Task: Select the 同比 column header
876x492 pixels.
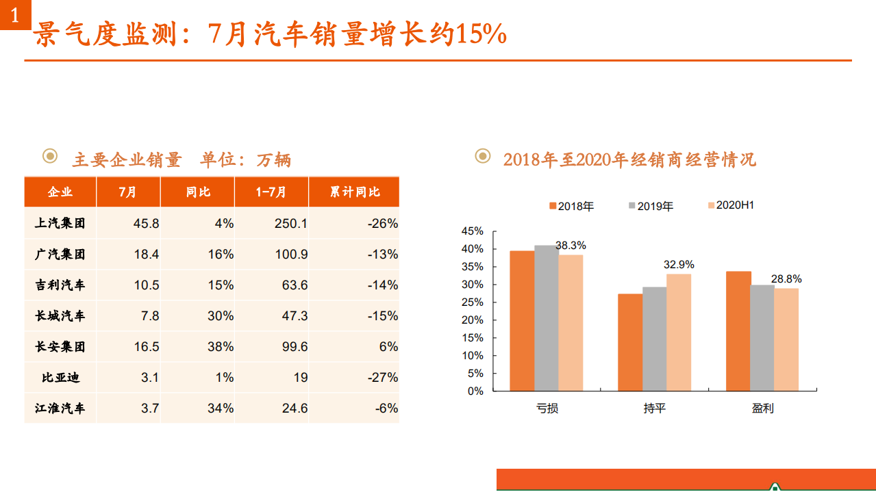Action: tap(198, 192)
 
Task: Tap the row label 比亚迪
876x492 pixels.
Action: tap(60, 378)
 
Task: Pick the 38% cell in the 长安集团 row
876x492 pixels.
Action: tap(221, 347)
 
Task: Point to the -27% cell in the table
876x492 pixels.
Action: tap(382, 378)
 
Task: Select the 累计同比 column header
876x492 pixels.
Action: tap(354, 192)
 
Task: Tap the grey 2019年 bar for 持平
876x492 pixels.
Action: tap(654, 339)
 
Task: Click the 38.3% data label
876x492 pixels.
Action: tap(571, 245)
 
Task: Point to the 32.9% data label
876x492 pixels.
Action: tap(679, 264)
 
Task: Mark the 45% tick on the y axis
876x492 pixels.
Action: tap(473, 231)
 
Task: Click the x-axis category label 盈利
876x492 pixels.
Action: tap(762, 409)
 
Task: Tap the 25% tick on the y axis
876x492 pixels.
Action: tap(473, 302)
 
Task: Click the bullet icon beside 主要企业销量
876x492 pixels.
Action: tap(50, 157)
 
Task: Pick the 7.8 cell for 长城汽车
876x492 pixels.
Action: tap(150, 316)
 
